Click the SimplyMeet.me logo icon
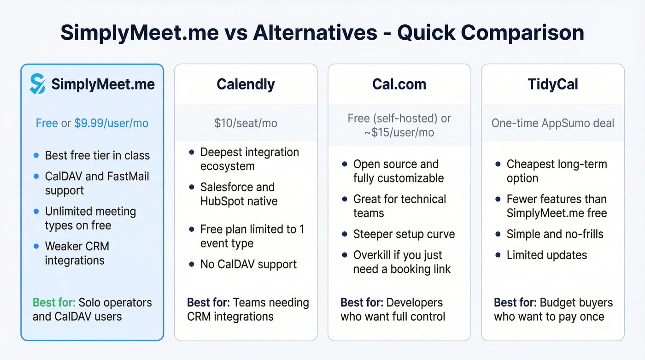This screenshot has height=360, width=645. click(38, 84)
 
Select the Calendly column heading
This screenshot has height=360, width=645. click(246, 84)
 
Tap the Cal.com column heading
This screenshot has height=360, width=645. click(399, 84)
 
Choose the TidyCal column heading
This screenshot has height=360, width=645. click(552, 84)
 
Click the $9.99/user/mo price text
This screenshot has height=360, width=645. click(111, 124)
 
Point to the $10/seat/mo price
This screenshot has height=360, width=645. click(246, 123)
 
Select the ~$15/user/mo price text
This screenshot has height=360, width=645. click(399, 132)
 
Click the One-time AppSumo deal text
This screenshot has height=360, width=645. click(552, 123)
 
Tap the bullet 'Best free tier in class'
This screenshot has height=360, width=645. click(97, 155)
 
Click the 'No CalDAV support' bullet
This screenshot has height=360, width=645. click(248, 265)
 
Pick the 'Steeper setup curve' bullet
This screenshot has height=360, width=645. click(404, 234)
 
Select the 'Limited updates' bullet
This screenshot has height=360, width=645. click(546, 255)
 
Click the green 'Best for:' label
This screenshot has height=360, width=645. click(53, 303)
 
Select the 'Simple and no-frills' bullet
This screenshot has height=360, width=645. click(555, 234)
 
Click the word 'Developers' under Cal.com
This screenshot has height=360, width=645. click(414, 303)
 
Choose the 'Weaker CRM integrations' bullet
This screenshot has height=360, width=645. click(76, 253)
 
